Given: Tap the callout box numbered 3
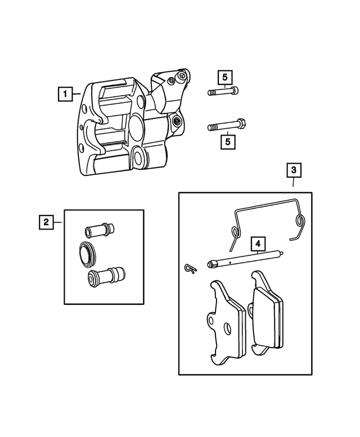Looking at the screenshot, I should pos(294,168).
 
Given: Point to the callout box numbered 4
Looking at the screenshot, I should pos(258,244).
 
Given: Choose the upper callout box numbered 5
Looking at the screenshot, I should pos(226,77).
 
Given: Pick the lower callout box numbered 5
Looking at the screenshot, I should pos(228,141).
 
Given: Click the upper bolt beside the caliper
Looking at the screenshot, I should pos(224,92).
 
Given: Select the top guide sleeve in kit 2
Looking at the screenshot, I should pos(99,230).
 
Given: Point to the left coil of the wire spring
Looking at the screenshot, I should pos(233,231).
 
